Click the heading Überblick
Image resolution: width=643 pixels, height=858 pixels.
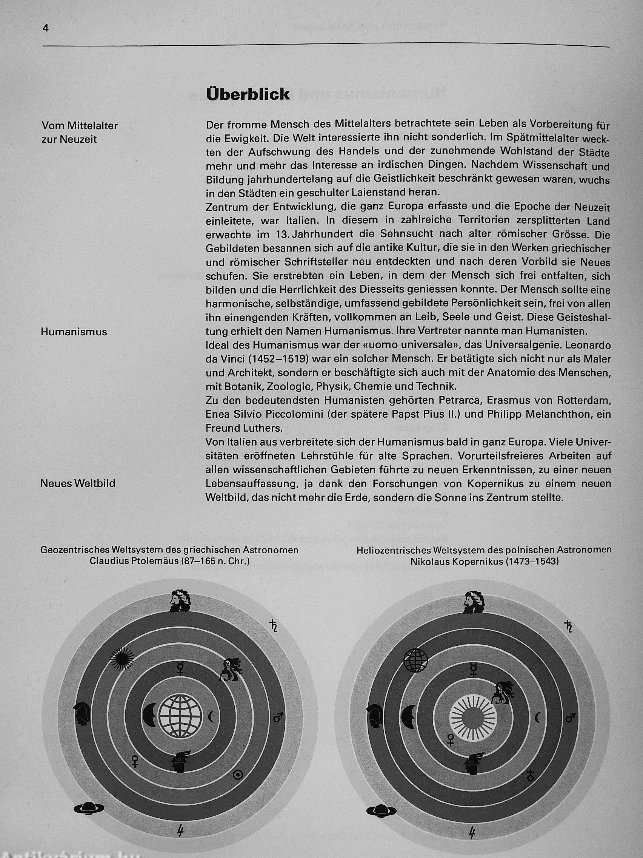248,94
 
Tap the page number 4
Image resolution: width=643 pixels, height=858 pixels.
46,28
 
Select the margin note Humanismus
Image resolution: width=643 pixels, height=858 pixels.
74,332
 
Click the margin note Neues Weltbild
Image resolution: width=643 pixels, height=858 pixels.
78,484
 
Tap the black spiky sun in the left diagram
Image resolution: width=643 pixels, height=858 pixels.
122,659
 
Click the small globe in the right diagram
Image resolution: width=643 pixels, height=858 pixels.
415,659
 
